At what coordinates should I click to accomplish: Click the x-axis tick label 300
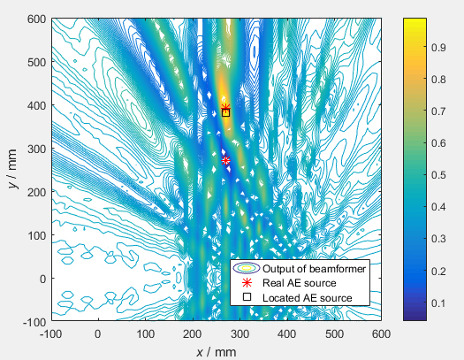pyautogui.click(x=240, y=334)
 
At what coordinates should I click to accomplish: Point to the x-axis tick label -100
pyautogui.click(x=49, y=334)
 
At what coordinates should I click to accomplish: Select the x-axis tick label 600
pyautogui.click(x=381, y=334)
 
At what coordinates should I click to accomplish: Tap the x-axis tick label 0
pyautogui.click(x=97, y=334)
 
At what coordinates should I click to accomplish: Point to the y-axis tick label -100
pyautogui.click(x=34, y=321)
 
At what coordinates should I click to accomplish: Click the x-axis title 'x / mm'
pyautogui.click(x=216, y=351)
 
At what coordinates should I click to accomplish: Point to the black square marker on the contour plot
pyautogui.click(x=225, y=112)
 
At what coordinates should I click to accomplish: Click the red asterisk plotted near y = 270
pyautogui.click(x=225, y=160)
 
